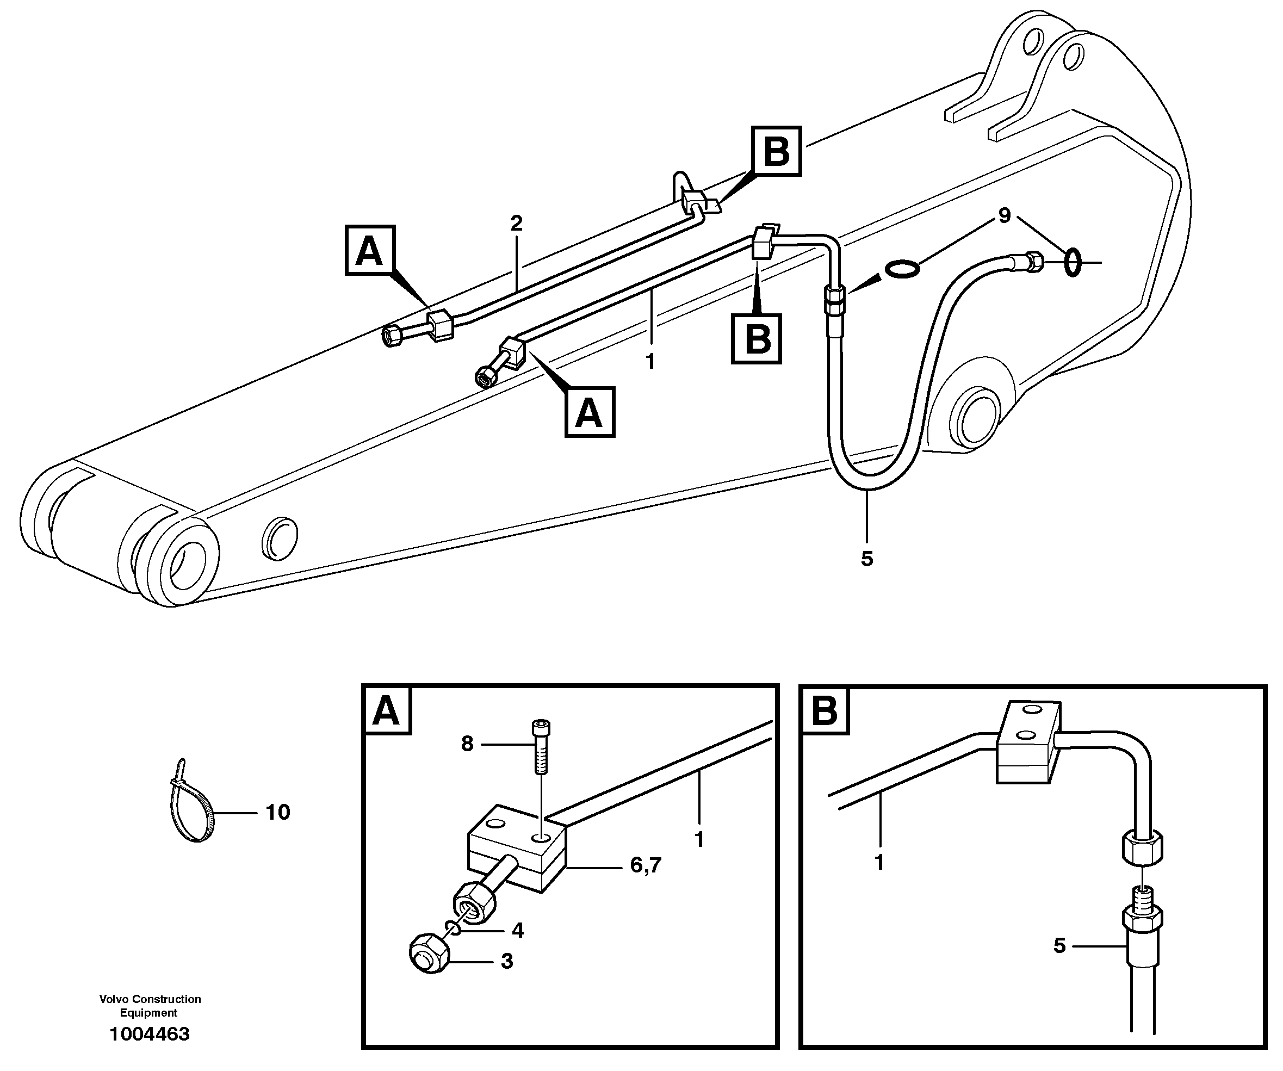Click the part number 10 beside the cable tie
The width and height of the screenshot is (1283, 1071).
(x=277, y=813)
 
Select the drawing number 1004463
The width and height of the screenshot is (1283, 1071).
(x=150, y=1035)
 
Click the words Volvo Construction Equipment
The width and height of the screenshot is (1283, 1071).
(x=150, y=1006)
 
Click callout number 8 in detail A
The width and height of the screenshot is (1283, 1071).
(x=467, y=744)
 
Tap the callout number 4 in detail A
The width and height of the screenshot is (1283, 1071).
(x=517, y=931)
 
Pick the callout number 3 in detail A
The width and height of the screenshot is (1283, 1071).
(x=507, y=962)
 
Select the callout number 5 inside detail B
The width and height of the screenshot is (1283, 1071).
(x=1059, y=946)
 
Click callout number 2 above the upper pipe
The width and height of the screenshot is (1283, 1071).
(x=517, y=224)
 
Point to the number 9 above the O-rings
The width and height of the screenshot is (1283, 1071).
(x=1005, y=215)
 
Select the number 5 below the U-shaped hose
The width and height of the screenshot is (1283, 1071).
(x=867, y=559)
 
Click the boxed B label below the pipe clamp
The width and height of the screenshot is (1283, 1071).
(x=757, y=338)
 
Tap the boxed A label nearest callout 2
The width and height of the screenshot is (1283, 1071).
(x=370, y=251)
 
